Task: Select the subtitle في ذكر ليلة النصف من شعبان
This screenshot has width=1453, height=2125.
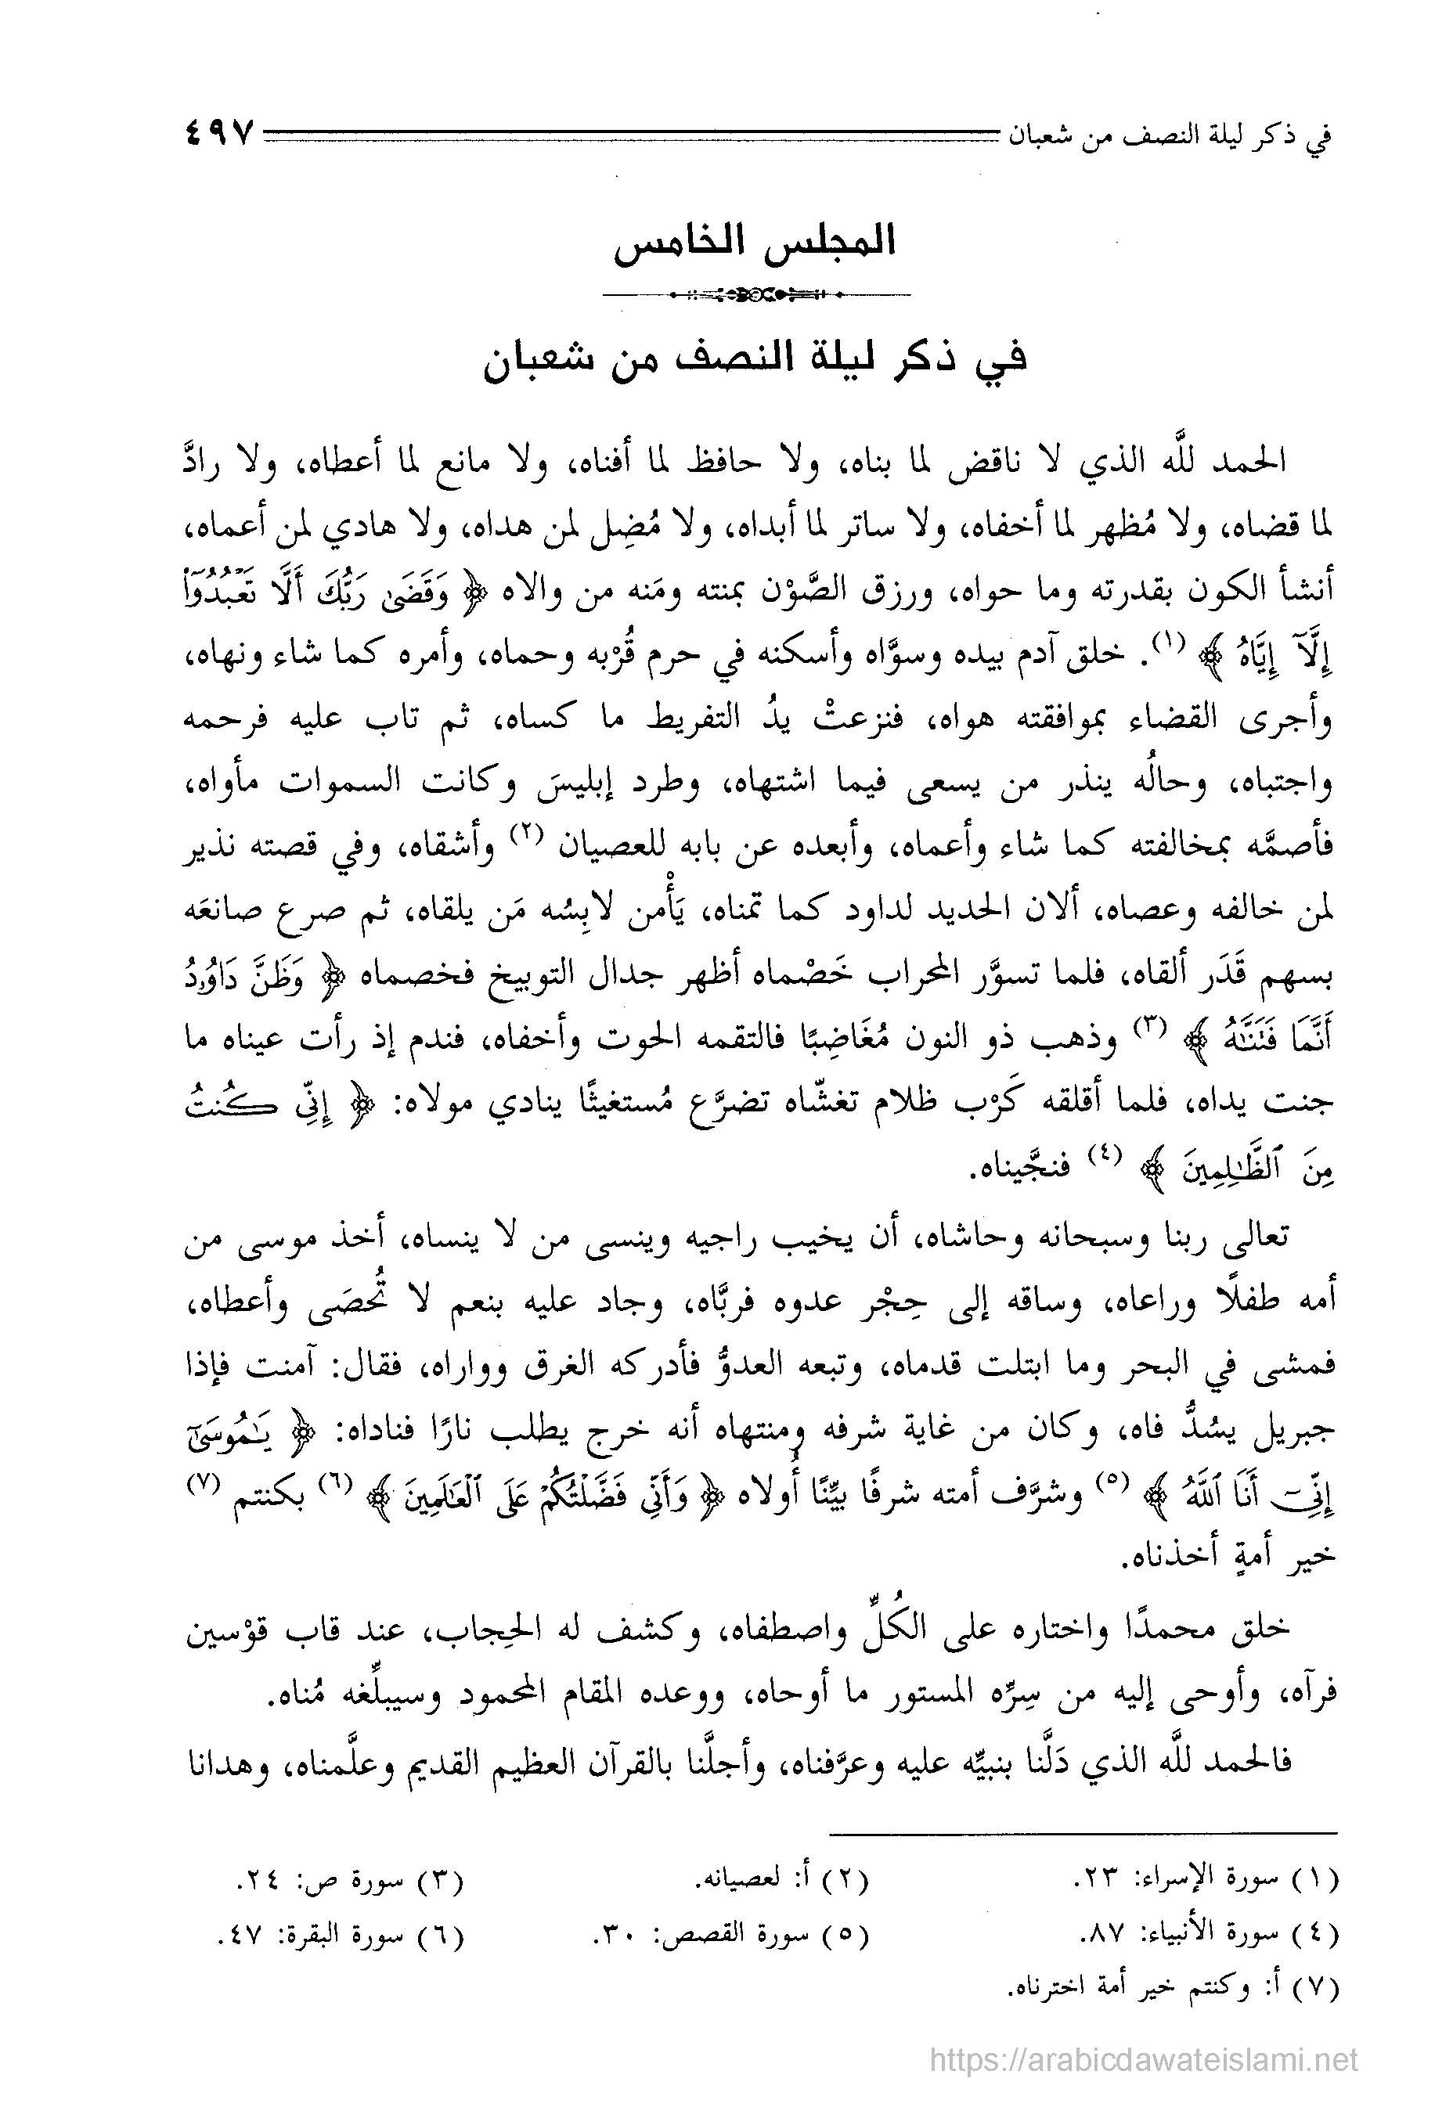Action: tap(755, 359)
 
